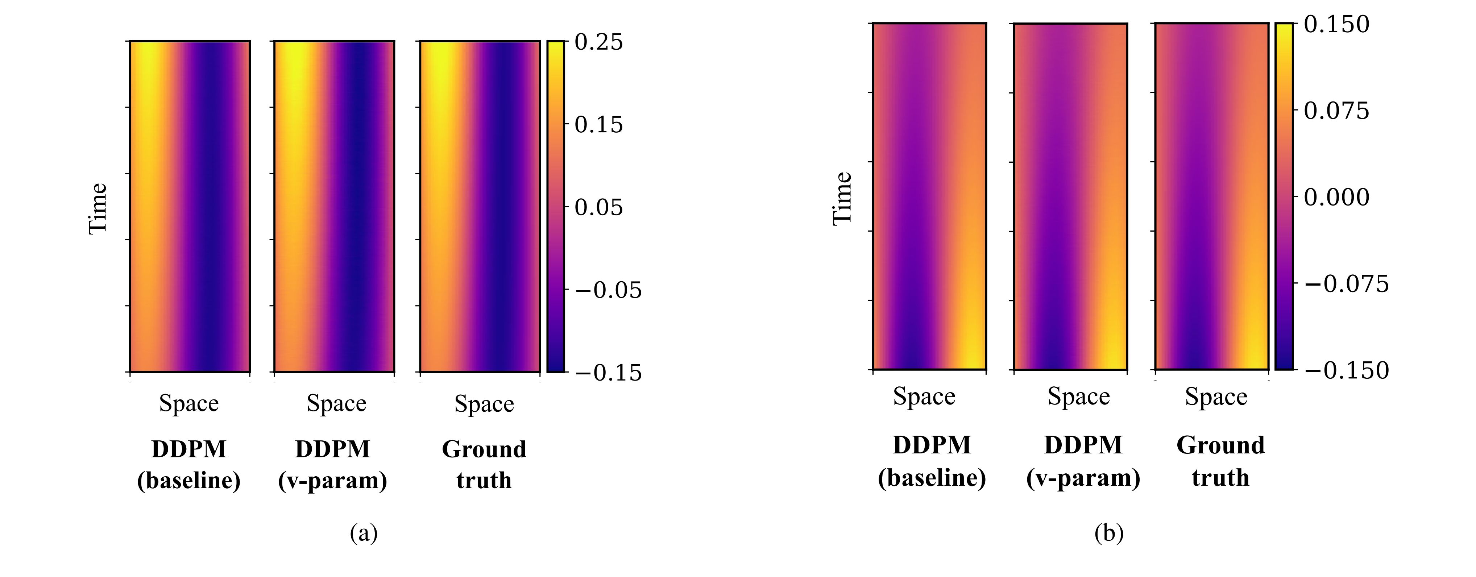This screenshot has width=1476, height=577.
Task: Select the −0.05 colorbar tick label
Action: pos(608,291)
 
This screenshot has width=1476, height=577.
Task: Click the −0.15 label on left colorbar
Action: pos(608,373)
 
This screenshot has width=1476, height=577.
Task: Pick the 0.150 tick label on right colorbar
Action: pos(1336,25)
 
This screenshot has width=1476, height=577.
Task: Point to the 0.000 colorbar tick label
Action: pos(1336,198)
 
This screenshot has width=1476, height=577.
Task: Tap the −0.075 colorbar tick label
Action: pos(1347,284)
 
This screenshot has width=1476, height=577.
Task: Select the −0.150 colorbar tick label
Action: pos(1347,371)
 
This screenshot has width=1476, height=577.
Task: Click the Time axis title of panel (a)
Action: pos(98,208)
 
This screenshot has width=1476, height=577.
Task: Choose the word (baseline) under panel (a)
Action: pos(188,480)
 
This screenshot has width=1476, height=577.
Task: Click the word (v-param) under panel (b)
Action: pos(1083,478)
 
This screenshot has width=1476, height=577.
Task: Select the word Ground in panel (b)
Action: pos(1220,445)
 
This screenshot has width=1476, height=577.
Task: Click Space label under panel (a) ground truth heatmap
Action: pos(484,404)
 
